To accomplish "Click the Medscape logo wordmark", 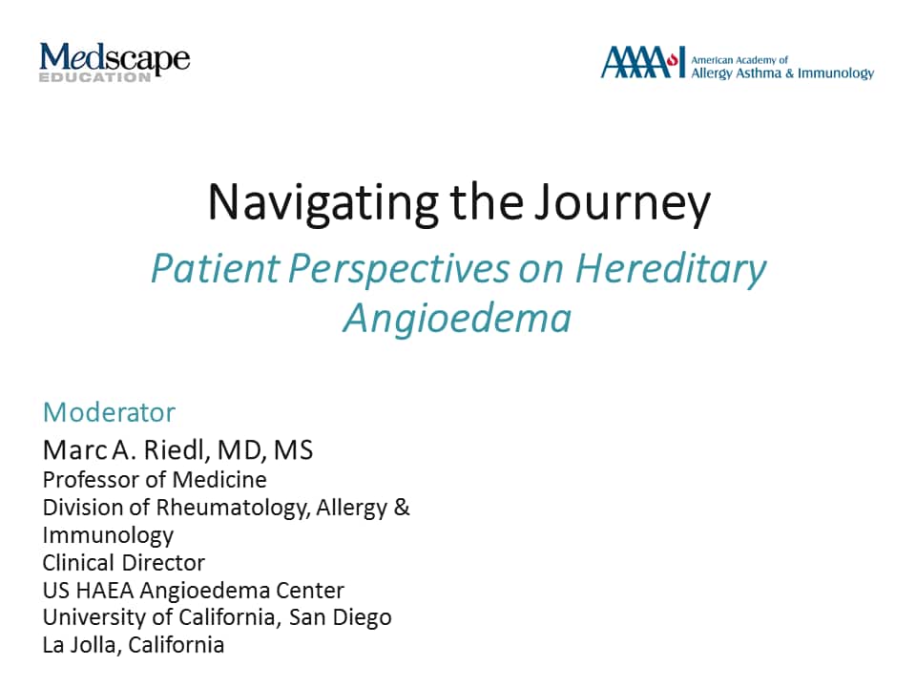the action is click(114, 58).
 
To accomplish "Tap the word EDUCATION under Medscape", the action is click(95, 77).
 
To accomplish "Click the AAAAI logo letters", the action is click(642, 62).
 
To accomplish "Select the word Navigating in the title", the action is click(323, 202).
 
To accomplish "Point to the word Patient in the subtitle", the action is click(216, 268).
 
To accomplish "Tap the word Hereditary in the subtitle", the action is click(671, 269).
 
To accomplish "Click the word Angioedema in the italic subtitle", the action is click(457, 319).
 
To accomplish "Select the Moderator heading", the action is click(109, 412).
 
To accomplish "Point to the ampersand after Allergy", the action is click(402, 507).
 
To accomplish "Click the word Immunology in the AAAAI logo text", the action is click(836, 73).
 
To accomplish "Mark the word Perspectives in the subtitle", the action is click(399, 269).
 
